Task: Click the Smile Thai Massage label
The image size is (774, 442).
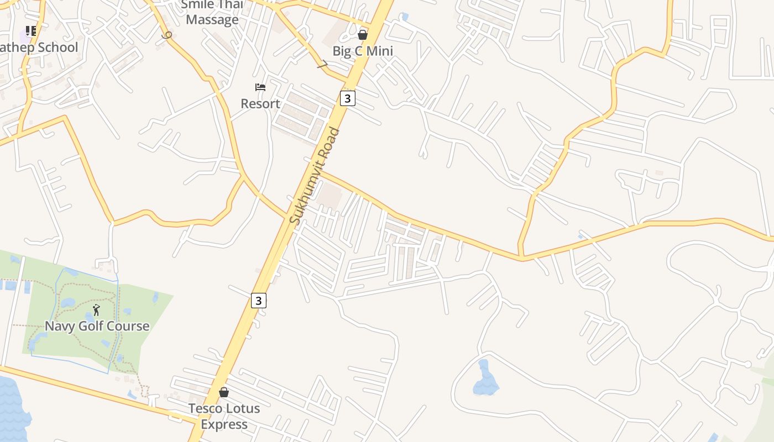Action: [x=212, y=13]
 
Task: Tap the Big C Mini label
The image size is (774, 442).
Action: [x=363, y=51]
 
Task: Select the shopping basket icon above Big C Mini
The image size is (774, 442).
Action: [x=363, y=35]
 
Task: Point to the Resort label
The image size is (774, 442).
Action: [x=260, y=103]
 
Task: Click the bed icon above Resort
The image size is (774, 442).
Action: [x=260, y=87]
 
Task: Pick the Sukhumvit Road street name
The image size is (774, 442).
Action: [x=315, y=176]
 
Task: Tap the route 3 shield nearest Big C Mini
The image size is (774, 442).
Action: [x=347, y=98]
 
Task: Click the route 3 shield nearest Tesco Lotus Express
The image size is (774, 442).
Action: [x=258, y=300]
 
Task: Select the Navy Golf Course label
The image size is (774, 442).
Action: [x=97, y=325]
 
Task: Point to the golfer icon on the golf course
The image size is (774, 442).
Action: [x=97, y=310]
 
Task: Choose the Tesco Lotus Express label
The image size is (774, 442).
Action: [x=224, y=416]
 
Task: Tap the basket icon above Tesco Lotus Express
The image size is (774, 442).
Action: [x=224, y=392]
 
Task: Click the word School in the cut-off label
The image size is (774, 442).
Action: [x=57, y=48]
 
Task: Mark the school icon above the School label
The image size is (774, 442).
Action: [x=31, y=31]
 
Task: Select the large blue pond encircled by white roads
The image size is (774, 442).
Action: [x=485, y=380]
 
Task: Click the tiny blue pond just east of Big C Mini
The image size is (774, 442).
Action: [x=405, y=17]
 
